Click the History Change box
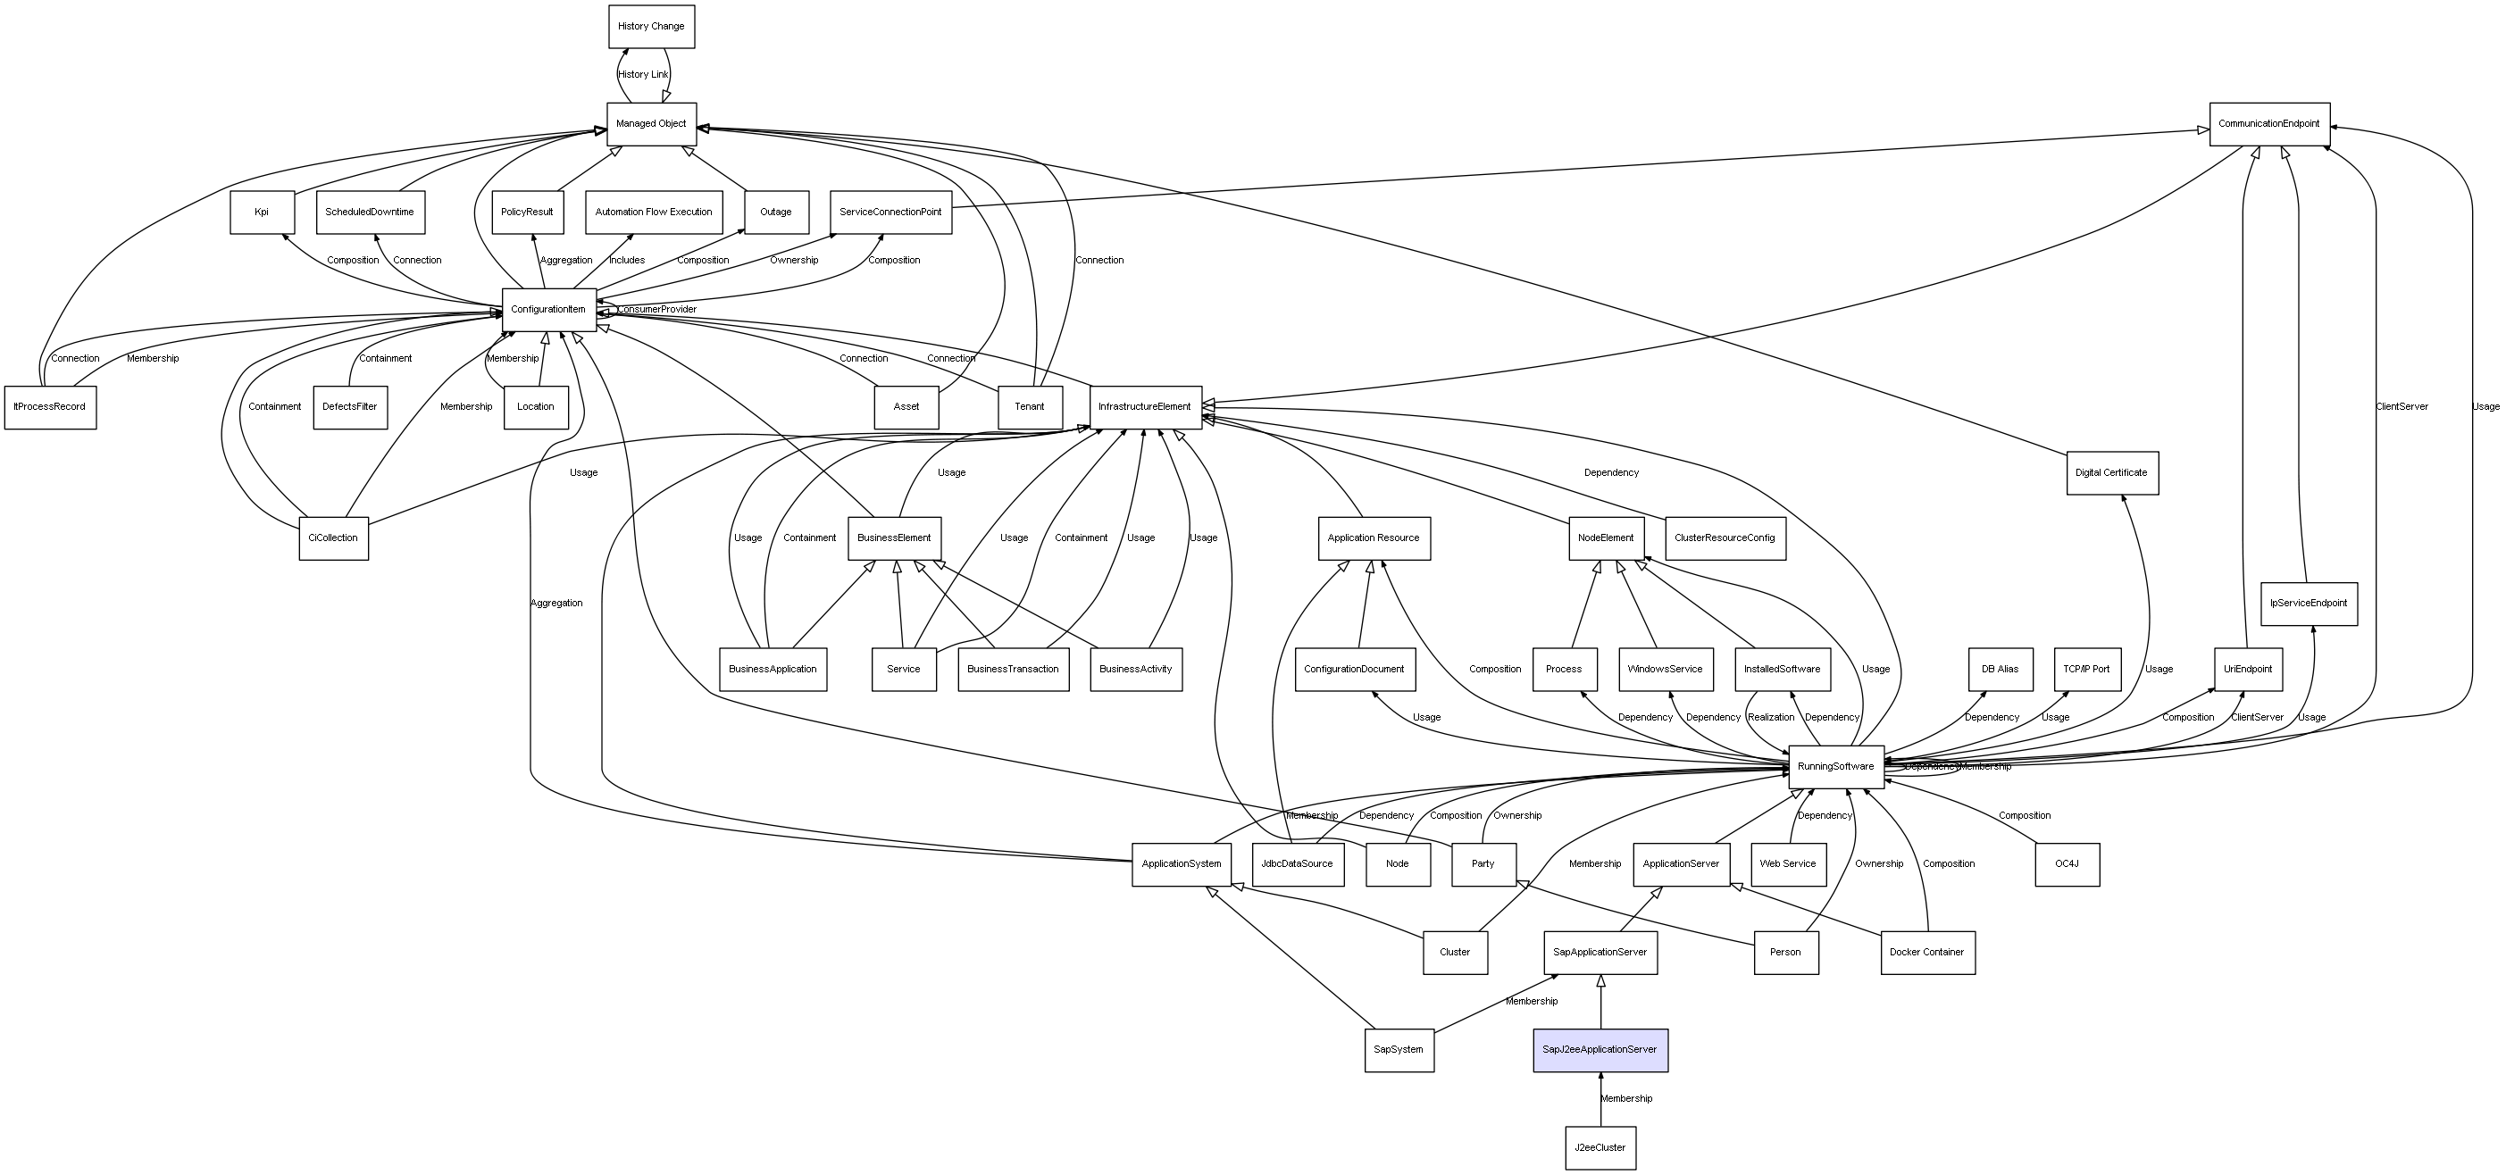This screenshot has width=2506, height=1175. [x=651, y=26]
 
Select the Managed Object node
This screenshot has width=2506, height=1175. [x=651, y=123]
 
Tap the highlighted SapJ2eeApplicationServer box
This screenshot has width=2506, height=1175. [x=1600, y=1049]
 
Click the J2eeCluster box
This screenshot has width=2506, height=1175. [x=1600, y=1147]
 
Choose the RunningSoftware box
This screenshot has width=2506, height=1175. [x=1835, y=766]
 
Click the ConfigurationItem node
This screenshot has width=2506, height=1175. [x=548, y=309]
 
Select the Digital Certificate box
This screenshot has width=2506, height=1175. [x=2111, y=472]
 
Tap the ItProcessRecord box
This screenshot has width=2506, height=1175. [x=50, y=406]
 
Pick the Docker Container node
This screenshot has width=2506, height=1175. [x=1926, y=953]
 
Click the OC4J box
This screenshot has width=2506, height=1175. [x=2067, y=863]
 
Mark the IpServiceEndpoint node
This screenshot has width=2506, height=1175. [x=2308, y=603]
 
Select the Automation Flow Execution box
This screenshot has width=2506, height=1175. [x=654, y=212]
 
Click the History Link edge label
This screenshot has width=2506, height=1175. [x=643, y=74]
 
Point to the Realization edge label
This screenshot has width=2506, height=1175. [x=1770, y=717]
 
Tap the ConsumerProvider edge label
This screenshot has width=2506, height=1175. [x=656, y=309]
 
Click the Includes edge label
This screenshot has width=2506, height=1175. [x=627, y=260]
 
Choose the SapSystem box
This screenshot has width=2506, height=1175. [x=1398, y=1049]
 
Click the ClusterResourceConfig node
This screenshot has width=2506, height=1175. [x=1724, y=537]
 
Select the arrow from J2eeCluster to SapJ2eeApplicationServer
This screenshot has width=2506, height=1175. [x=1600, y=1099]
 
